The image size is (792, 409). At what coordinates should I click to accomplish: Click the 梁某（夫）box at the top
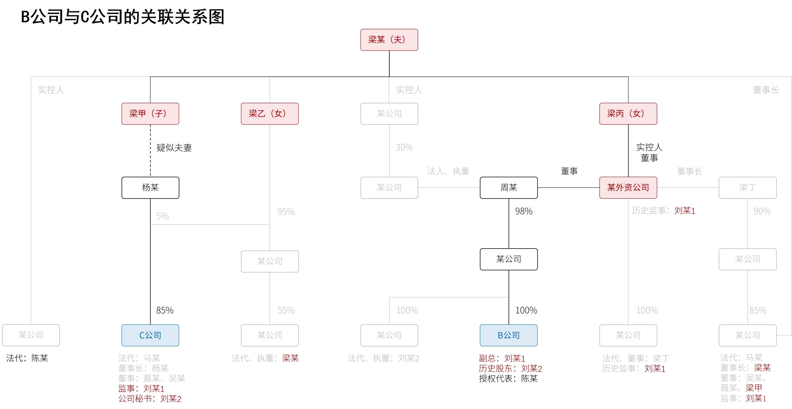point(389,40)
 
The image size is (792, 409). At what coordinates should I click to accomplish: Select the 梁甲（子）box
point(150,113)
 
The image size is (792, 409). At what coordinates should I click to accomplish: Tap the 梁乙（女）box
point(270,113)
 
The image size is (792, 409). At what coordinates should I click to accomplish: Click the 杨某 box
point(150,188)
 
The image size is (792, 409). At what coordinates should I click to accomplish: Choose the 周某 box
point(509,188)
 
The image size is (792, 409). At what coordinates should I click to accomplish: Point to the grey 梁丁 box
point(747,188)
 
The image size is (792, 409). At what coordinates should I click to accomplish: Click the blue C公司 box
point(150,335)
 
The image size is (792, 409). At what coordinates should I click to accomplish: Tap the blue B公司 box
point(509,335)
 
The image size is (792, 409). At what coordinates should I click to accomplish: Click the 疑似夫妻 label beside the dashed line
point(174,148)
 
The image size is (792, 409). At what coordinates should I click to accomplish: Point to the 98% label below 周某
point(524,211)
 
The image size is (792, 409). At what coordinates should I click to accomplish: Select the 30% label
point(404,148)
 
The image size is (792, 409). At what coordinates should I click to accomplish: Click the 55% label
point(286,310)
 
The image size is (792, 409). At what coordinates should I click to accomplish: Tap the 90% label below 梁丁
point(762,211)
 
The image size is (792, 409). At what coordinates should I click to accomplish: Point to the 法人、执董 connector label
point(448,171)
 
